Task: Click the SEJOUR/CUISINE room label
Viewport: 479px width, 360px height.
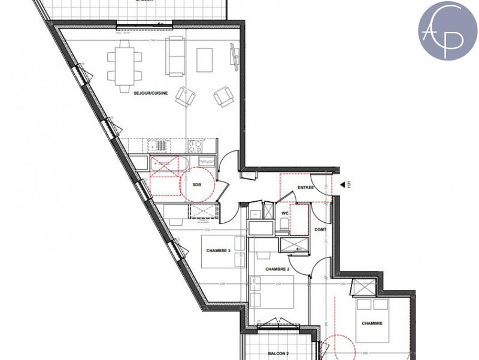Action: point(151,92)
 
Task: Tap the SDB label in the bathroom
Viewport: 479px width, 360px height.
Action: point(197,185)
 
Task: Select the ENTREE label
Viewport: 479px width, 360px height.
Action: point(305,187)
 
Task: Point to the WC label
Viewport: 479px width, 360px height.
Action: point(286,212)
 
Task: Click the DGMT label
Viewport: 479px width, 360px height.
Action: point(320,230)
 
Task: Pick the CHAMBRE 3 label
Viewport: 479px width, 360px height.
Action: point(218,250)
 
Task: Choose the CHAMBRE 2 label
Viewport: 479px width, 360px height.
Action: point(277,269)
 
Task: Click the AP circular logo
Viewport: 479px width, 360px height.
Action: point(447,31)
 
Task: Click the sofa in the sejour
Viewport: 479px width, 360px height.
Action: point(175,56)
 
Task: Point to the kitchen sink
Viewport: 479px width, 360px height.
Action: point(158,145)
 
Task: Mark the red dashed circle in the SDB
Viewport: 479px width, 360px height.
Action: point(198,183)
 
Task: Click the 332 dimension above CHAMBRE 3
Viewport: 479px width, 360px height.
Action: point(207,229)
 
